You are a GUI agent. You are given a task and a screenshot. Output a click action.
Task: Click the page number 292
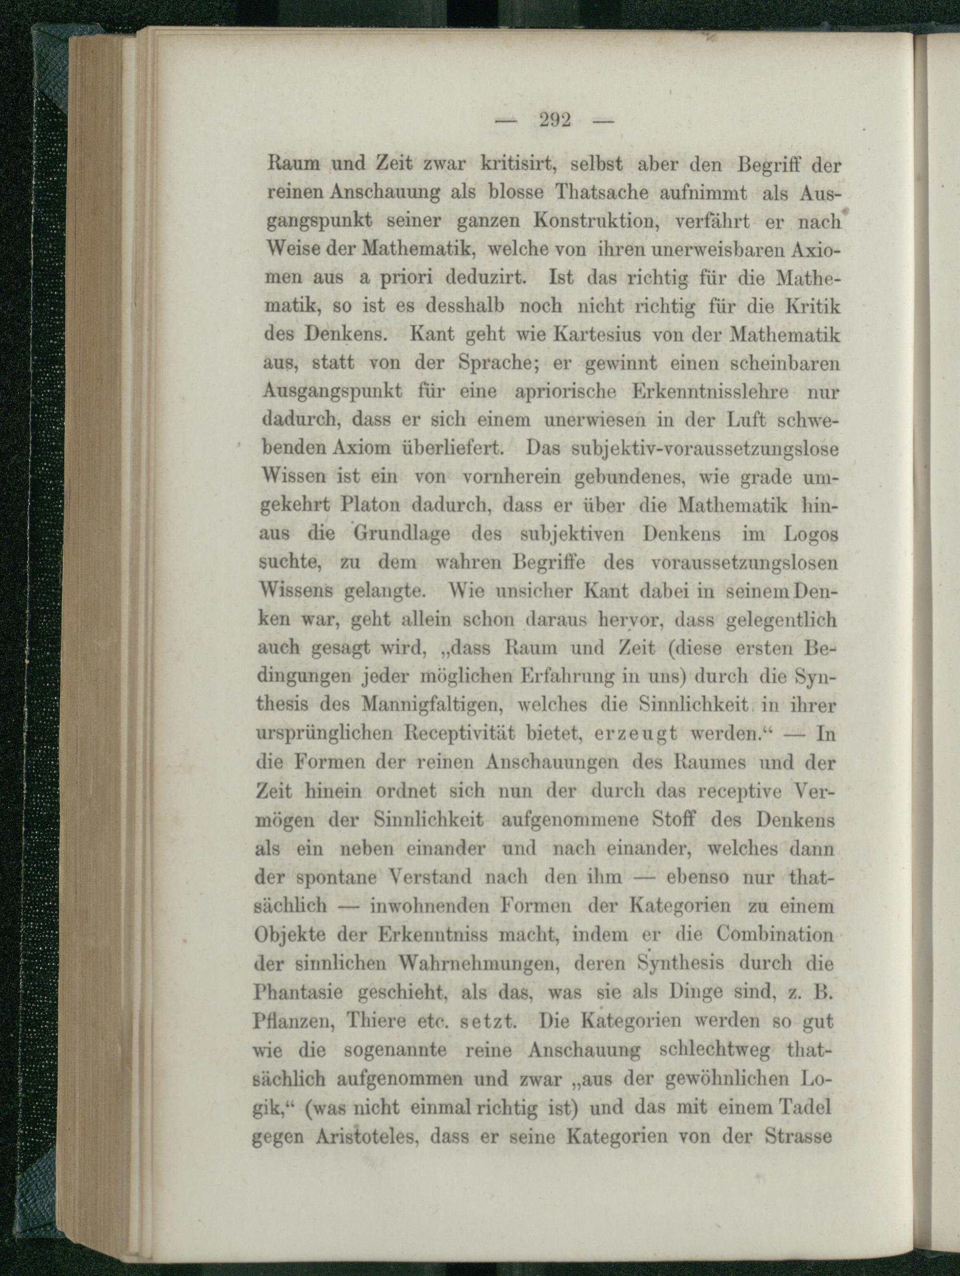point(555,120)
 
